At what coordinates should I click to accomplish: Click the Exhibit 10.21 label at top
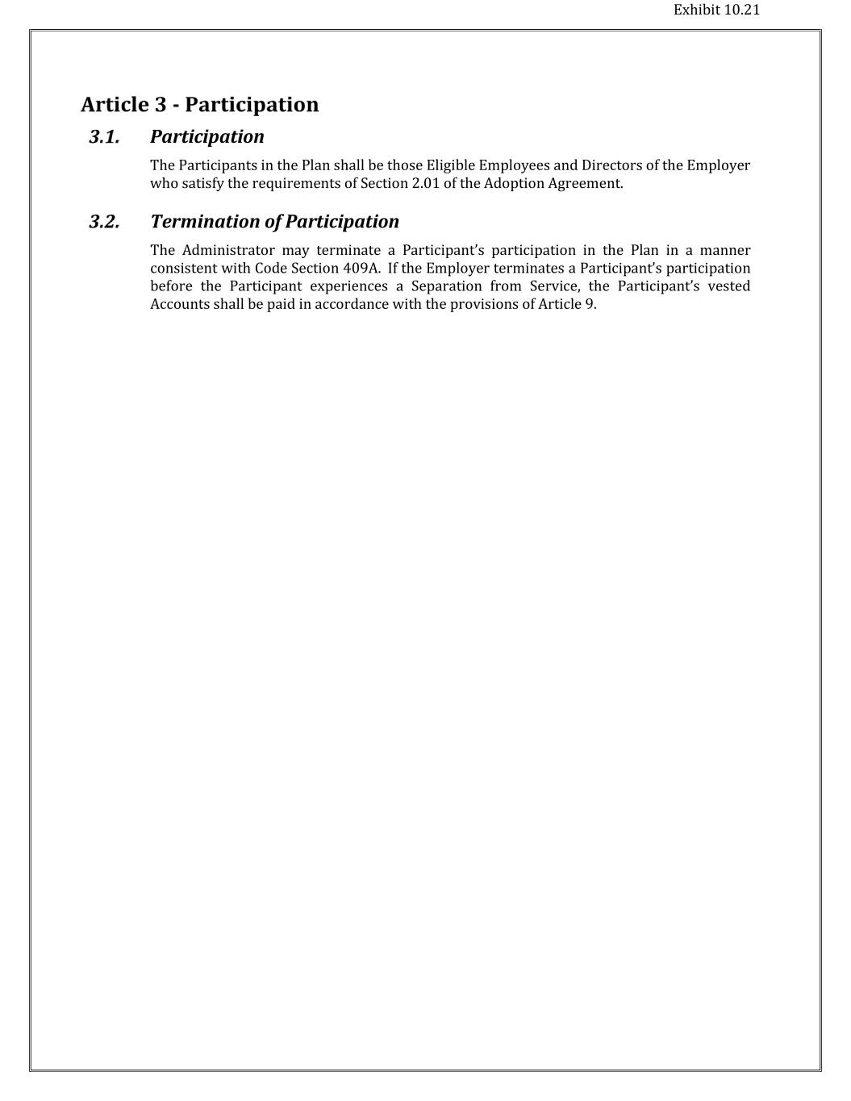716,10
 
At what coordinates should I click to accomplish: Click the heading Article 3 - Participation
199,105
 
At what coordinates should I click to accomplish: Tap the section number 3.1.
104,137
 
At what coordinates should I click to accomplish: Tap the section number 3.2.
104,222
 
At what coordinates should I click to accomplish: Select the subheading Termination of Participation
274,222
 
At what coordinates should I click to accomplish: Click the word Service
555,286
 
